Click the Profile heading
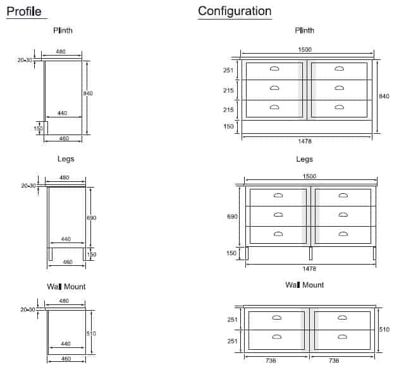pyautogui.click(x=24, y=11)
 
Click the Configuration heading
pyautogui.click(x=235, y=11)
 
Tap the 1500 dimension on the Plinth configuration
pyautogui.click(x=305, y=49)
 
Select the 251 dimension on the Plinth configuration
pyautogui.click(x=228, y=70)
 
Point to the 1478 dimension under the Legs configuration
pyautogui.click(x=309, y=269)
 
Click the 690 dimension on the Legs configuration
pyautogui.click(x=232, y=217)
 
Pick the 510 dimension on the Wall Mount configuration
pyautogui.click(x=384, y=330)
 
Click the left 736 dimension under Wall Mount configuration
pyautogui.click(x=271, y=361)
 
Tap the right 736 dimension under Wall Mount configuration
pyautogui.click(x=334, y=361)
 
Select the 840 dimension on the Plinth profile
pyautogui.click(x=88, y=93)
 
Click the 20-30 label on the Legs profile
pyautogui.click(x=28, y=186)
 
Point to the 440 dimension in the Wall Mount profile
pyautogui.click(x=65, y=344)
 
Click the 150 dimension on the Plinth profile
pyautogui.click(x=38, y=129)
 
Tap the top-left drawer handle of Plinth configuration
pyautogui.click(x=274, y=69)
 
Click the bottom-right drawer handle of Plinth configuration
pyautogui.click(x=339, y=107)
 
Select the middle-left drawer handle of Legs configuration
pyautogui.click(x=278, y=215)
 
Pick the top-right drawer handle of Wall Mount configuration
pyautogui.click(x=342, y=318)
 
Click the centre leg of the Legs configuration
pyautogui.click(x=310, y=253)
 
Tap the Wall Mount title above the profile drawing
pyautogui.click(x=66, y=287)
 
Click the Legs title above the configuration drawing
pyautogui.click(x=304, y=159)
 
